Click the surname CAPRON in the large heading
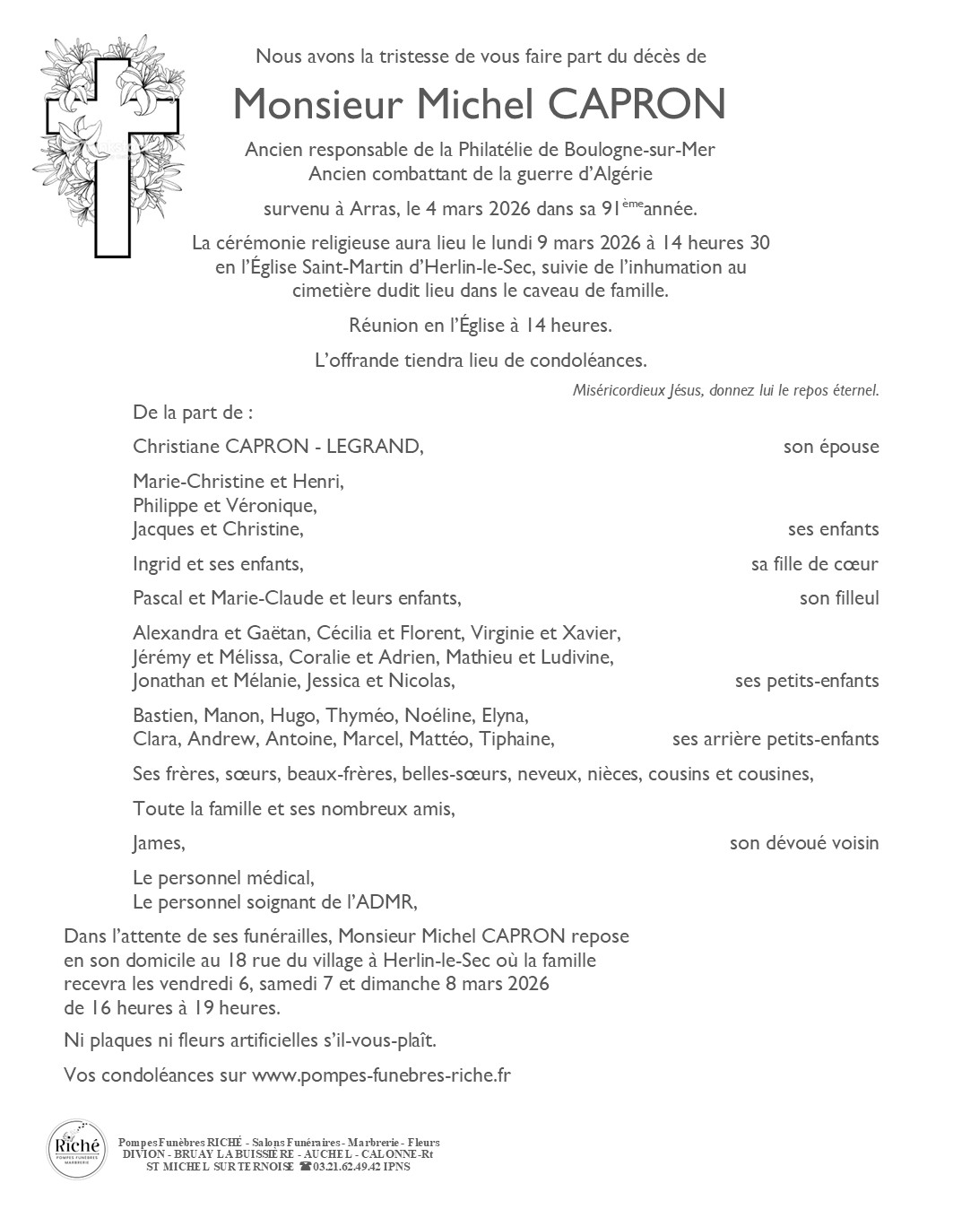click(636, 105)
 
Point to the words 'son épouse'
click(830, 447)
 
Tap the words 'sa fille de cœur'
click(814, 564)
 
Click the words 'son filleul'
click(838, 598)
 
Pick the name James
click(158, 843)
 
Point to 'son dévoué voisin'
click(803, 843)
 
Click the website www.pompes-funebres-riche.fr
click(381, 1074)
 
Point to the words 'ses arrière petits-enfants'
click(775, 739)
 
